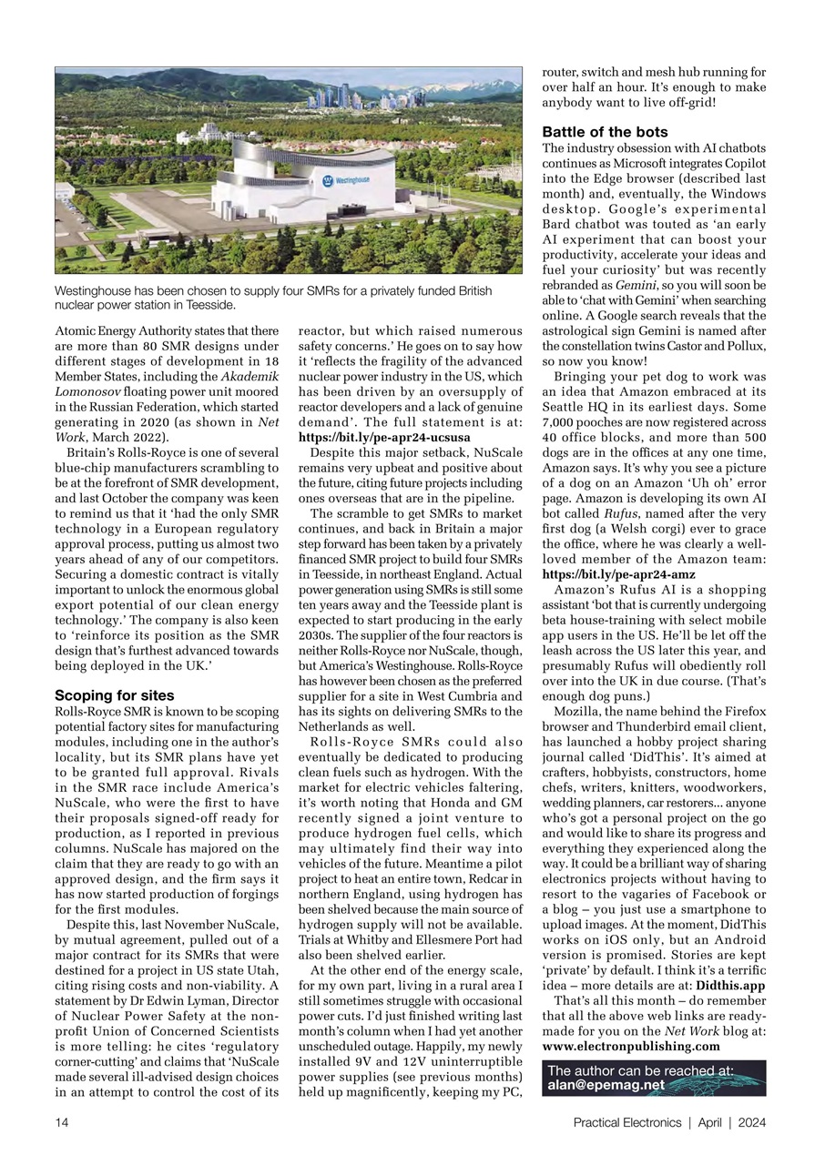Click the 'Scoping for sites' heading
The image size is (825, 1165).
coord(114,695)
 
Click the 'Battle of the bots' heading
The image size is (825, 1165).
coord(605,132)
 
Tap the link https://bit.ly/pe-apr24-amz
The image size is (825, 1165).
coord(618,575)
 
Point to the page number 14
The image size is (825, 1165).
coord(62,1122)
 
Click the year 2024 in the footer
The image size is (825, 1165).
coord(752,1122)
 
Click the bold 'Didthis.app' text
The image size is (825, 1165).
coord(730,986)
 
